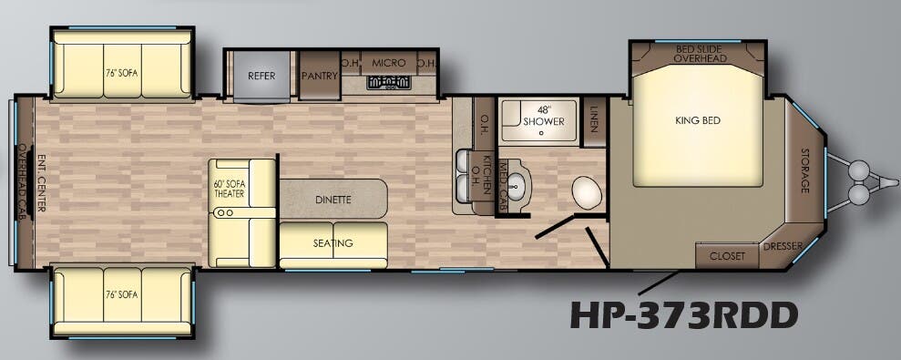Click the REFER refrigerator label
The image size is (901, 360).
coord(262,76)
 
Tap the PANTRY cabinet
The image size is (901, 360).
coord(319,76)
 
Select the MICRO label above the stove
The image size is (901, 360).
coord(389,63)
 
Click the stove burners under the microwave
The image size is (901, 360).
coord(388,83)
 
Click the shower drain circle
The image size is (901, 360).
coord(541,133)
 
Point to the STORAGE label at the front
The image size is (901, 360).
coord(804,170)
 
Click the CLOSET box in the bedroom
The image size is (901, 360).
coord(727,256)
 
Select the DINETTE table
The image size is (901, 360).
coord(333,199)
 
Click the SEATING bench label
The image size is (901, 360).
coord(333,243)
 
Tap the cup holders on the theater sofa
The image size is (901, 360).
coord(223,212)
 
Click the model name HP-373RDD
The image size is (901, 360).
coord(683,314)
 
